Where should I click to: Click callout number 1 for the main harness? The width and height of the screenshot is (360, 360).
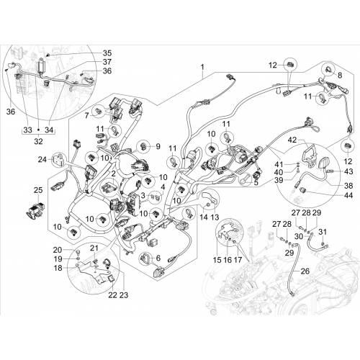tap(203, 67)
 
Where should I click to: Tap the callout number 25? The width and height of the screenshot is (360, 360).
tap(38, 190)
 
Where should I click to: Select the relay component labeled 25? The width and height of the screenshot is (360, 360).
tap(35, 209)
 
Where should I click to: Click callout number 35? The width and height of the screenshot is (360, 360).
tap(107, 53)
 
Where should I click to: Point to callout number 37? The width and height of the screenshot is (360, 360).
tap(107, 62)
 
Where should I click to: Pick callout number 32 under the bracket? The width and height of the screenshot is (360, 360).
tap(38, 141)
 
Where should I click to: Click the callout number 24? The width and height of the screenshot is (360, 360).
tap(42, 159)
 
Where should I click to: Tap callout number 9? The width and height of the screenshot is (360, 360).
tap(158, 146)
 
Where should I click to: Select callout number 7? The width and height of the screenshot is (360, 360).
tap(86, 116)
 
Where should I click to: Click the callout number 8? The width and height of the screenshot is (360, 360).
tap(340, 75)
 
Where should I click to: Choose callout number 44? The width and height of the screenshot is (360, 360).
tap(348, 195)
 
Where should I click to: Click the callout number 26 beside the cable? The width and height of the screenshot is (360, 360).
tap(305, 271)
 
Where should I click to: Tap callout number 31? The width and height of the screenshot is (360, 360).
tap(323, 232)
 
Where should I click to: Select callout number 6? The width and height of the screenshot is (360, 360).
tap(158, 258)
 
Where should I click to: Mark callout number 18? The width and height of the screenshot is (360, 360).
tap(58, 268)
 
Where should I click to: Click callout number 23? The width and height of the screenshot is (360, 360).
tap(124, 295)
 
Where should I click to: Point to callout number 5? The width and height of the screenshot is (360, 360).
tap(256, 183)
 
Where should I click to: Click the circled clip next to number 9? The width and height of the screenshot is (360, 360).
tap(145, 146)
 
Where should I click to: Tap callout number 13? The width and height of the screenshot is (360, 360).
tap(215, 217)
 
